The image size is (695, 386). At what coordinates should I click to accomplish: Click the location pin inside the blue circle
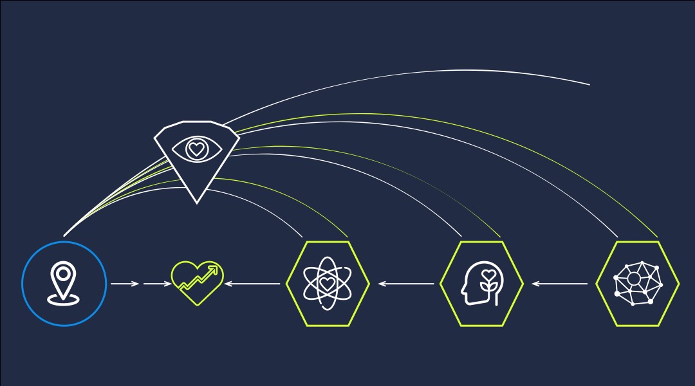click(x=63, y=279)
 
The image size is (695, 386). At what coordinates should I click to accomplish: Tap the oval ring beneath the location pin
click(x=63, y=299)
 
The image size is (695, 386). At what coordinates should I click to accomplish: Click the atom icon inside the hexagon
click(x=327, y=283)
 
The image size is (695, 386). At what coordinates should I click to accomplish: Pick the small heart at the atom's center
click(x=327, y=283)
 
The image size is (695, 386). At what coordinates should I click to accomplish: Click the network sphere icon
click(x=637, y=283)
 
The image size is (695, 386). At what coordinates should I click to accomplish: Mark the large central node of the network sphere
click(x=633, y=279)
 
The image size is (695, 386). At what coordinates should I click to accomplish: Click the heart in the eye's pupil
click(x=196, y=149)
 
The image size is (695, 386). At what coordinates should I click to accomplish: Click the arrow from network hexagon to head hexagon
click(x=560, y=283)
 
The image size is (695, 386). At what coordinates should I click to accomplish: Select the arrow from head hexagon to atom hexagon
click(x=406, y=283)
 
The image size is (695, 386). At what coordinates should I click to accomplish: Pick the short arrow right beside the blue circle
click(x=124, y=283)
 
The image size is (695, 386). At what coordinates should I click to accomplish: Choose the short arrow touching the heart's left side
click(x=157, y=283)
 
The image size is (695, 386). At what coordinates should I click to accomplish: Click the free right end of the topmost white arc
click(x=589, y=84)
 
